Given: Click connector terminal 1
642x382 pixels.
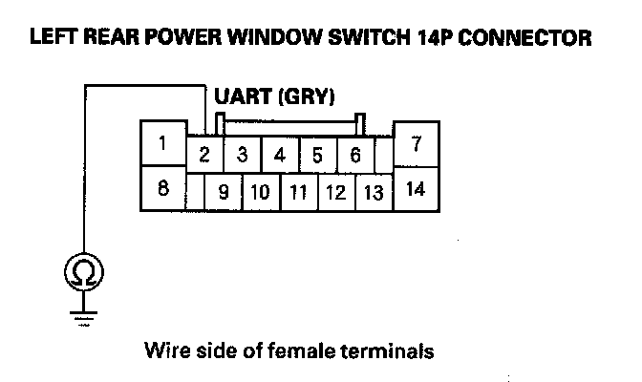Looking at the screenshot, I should click(x=163, y=144).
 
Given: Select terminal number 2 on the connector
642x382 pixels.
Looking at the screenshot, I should click(x=204, y=154).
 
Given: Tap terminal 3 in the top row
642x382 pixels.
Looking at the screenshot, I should click(x=243, y=154).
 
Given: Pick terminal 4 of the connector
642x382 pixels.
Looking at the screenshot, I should click(x=280, y=154).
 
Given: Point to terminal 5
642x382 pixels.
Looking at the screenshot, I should click(x=317, y=154).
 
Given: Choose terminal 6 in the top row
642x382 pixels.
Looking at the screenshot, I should click(x=354, y=154).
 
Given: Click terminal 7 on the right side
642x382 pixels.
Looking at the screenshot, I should click(x=416, y=145).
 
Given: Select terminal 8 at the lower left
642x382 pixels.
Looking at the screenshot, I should click(x=163, y=188).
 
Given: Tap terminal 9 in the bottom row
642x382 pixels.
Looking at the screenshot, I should click(x=224, y=192).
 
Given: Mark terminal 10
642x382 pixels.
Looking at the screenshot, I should click(x=260, y=192).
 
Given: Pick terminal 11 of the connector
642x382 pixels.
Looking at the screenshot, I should click(x=298, y=192).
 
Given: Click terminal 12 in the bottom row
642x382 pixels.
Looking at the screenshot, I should click(x=335, y=192).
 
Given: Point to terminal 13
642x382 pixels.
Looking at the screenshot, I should click(x=374, y=192).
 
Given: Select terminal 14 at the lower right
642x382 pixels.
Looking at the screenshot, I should click(x=416, y=189).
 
